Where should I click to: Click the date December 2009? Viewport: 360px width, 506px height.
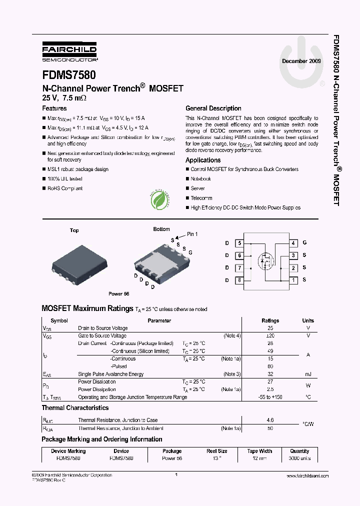[x=302, y=61]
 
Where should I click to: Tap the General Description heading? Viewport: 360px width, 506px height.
[x=213, y=108]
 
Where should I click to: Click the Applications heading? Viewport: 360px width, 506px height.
[x=203, y=160]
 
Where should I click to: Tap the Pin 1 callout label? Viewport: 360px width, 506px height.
[x=192, y=234]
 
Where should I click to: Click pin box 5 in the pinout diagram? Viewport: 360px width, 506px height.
[x=239, y=243]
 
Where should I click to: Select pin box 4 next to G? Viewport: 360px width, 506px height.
[x=293, y=243]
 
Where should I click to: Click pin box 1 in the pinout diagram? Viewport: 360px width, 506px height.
[x=293, y=280]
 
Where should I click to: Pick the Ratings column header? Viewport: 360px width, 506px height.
[x=270, y=320]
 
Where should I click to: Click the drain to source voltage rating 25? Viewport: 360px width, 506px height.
[x=270, y=328]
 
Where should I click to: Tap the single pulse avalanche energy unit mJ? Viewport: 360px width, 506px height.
[x=308, y=374]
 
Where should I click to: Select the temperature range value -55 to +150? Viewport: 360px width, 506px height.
[x=270, y=397]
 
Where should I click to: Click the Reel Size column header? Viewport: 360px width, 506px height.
[x=217, y=451]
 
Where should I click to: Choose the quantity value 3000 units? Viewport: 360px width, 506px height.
[x=300, y=458]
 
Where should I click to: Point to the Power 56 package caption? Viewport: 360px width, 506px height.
[x=119, y=294]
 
